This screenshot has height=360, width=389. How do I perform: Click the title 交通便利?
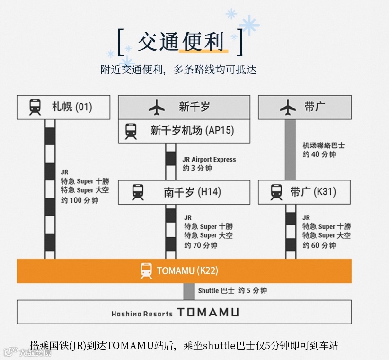pyautogui.click(x=180, y=42)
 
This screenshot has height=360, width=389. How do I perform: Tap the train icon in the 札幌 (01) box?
pyautogui.click(x=35, y=107)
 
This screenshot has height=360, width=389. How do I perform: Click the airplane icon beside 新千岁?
pyautogui.click(x=157, y=108)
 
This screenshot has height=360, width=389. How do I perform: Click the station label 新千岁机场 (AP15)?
pyautogui.click(x=192, y=130)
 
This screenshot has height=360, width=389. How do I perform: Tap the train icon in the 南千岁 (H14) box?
pyautogui.click(x=138, y=192)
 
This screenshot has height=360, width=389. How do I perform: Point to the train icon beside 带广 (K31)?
pyautogui.click(x=276, y=192)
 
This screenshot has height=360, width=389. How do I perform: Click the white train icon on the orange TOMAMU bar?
pyautogui.click(x=146, y=271)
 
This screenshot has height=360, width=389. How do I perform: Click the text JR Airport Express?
pyautogui.click(x=209, y=160)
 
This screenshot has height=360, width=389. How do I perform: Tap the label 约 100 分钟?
pyautogui.click(x=80, y=200)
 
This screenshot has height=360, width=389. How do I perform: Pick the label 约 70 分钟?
pyautogui.click(x=201, y=245)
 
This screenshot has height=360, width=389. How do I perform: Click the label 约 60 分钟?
pyautogui.click(x=319, y=245)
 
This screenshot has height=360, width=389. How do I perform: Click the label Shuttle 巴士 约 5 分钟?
pyautogui.click(x=232, y=290)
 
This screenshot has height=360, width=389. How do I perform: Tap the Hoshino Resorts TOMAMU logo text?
pyautogui.click(x=175, y=313)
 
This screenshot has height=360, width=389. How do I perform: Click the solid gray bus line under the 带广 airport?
pyautogui.click(x=290, y=149)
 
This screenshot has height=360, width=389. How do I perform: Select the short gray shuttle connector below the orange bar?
pyautogui.click(x=189, y=291)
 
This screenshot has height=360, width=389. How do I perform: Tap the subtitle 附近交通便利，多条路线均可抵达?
pyautogui.click(x=178, y=70)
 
